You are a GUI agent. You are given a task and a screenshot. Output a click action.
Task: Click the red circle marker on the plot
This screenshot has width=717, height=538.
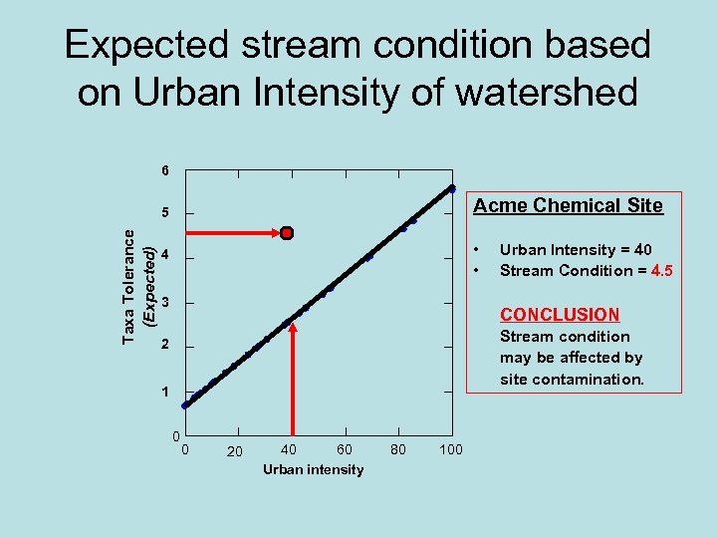coord(287,233)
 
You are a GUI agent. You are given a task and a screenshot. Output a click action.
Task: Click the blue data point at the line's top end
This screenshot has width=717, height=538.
coord(451,188)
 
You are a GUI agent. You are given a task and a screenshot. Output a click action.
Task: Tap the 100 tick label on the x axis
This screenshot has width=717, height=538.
coord(450,450)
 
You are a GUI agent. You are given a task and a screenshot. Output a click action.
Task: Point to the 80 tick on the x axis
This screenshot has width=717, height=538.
coord(398,450)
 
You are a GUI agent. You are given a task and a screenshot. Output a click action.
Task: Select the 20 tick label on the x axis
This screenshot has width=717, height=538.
coord(234,451)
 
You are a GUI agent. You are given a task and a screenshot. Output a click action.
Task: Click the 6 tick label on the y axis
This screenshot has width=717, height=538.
coord(165,170)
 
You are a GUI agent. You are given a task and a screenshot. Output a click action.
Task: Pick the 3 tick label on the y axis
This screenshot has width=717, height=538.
coord(165,302)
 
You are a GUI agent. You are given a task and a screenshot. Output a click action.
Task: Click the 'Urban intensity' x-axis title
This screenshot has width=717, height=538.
coord(313,469)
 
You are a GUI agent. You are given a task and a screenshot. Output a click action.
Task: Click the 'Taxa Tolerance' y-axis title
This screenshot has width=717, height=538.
coord(128,285)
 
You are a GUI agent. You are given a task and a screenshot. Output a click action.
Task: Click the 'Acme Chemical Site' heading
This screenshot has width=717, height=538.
coord(568,206)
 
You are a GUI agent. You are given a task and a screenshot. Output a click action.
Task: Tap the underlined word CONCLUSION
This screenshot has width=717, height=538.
coord(560,315)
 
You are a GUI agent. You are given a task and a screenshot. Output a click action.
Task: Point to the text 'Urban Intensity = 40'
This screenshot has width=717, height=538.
coord(576,250)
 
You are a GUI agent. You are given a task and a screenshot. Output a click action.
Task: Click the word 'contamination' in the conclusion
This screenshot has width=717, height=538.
coord(595,380)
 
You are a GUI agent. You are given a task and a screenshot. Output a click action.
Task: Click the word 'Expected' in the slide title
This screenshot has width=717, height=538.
coord(146,45)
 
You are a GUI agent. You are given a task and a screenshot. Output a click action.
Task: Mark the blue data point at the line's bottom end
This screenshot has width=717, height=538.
coord(185,405)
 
